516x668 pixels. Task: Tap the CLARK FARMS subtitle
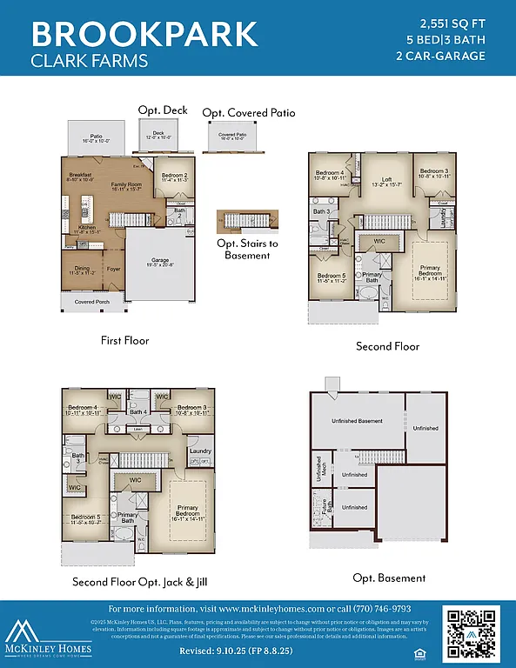click(x=90, y=61)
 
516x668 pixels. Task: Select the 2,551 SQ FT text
click(x=452, y=23)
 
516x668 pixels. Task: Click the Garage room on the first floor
click(x=160, y=261)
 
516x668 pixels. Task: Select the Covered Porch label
click(x=90, y=302)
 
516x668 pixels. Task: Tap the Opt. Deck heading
click(x=163, y=110)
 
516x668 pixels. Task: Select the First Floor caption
click(x=124, y=340)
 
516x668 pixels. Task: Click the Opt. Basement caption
click(x=389, y=578)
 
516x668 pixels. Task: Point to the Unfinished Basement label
click(x=357, y=421)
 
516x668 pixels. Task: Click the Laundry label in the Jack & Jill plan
click(x=200, y=451)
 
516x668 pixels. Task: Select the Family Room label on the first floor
click(x=125, y=185)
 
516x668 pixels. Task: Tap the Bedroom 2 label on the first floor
click(x=175, y=177)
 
